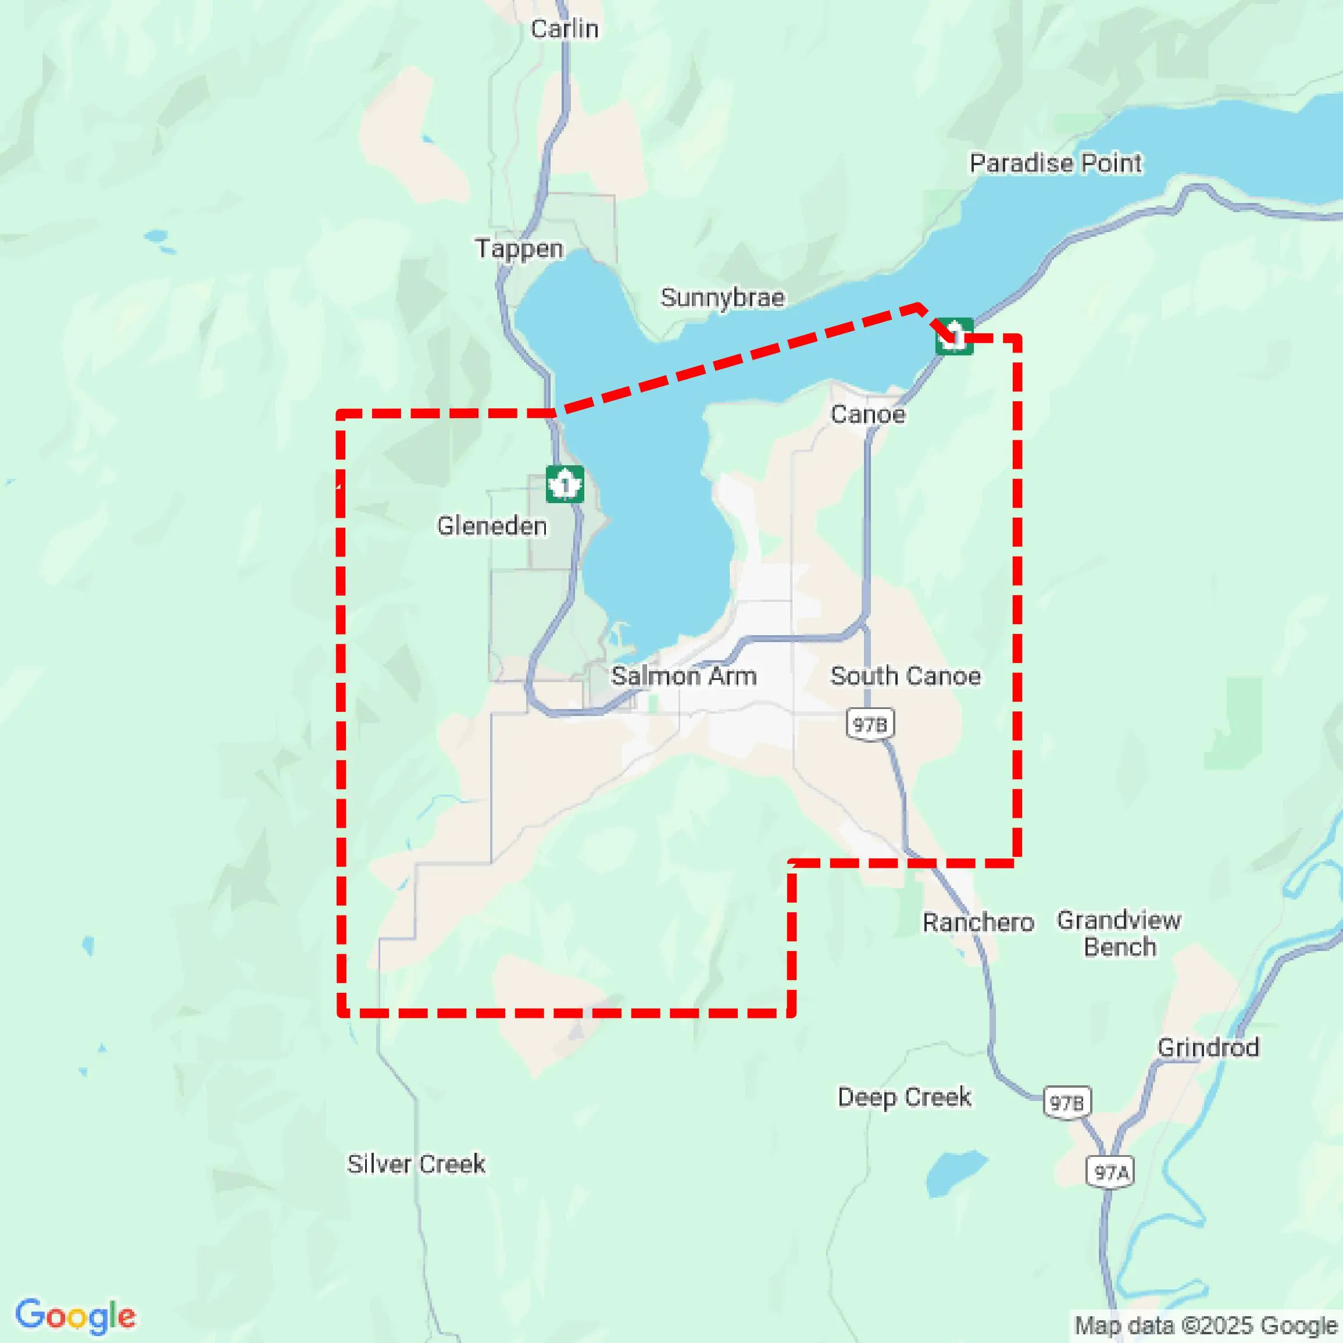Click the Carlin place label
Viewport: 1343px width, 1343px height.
[x=564, y=29]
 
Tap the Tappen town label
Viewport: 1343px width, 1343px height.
[x=519, y=249]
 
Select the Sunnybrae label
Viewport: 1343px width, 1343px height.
[x=722, y=298]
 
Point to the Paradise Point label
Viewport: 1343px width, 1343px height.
[x=1055, y=163]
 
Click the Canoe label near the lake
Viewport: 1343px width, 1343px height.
[x=867, y=415]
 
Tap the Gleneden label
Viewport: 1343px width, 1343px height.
[x=491, y=526]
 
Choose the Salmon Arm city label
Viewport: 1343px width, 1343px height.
[x=683, y=676]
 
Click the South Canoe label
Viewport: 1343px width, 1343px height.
[x=905, y=676]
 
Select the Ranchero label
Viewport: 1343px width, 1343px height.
[x=978, y=923]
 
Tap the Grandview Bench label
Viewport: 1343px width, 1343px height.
[x=1119, y=934]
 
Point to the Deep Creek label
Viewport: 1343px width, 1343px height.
[x=903, y=1098]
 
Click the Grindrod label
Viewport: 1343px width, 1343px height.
[x=1208, y=1048]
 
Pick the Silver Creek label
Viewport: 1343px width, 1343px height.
[x=416, y=1164]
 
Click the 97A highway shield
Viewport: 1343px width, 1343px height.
[x=1109, y=1173]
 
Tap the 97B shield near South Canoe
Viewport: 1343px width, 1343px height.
[x=870, y=725]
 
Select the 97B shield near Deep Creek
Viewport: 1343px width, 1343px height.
[x=1066, y=1103]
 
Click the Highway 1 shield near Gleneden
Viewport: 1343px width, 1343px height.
[x=565, y=483]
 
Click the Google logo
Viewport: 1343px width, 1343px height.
[x=75, y=1316]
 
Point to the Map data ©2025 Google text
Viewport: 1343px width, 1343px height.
[x=1206, y=1326]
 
